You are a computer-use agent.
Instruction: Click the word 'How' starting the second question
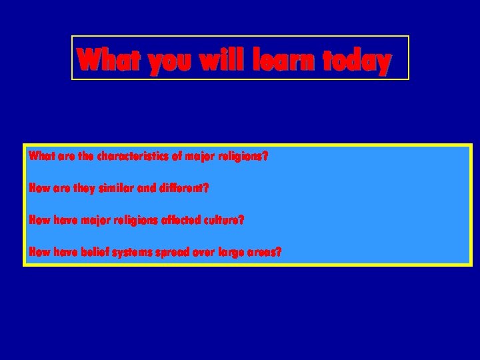[x=38, y=189]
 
